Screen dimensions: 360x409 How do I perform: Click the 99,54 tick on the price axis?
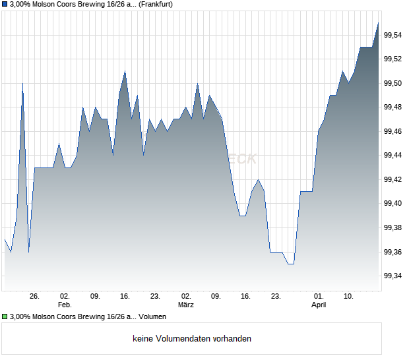[x=393, y=35]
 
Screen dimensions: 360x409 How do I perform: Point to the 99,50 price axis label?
[x=393, y=83]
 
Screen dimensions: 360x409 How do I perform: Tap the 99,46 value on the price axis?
[x=393, y=131]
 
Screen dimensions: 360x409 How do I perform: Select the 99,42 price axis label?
[x=393, y=179]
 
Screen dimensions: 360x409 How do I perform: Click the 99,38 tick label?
[x=393, y=227]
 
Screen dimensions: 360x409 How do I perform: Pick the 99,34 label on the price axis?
[x=393, y=276]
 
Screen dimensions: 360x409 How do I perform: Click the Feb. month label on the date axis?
[x=65, y=305]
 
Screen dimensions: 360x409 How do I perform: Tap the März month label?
[x=186, y=305]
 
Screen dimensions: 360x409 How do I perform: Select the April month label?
[x=319, y=305]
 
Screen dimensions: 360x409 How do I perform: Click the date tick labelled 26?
[x=34, y=296]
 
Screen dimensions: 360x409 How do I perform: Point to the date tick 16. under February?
[x=125, y=296]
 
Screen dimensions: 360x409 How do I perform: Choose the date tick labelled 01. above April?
[x=319, y=296]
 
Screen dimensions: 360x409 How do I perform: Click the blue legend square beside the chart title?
[x=5, y=5]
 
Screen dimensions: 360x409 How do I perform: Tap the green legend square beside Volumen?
[x=5, y=317]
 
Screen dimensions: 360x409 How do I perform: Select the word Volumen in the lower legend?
[x=152, y=317]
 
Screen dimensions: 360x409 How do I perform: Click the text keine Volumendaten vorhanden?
[x=192, y=339]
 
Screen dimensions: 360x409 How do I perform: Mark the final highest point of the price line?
[x=379, y=23]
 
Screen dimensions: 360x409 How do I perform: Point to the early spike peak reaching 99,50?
[x=23, y=84]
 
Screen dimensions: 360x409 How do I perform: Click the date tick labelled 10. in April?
[x=348, y=296]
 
